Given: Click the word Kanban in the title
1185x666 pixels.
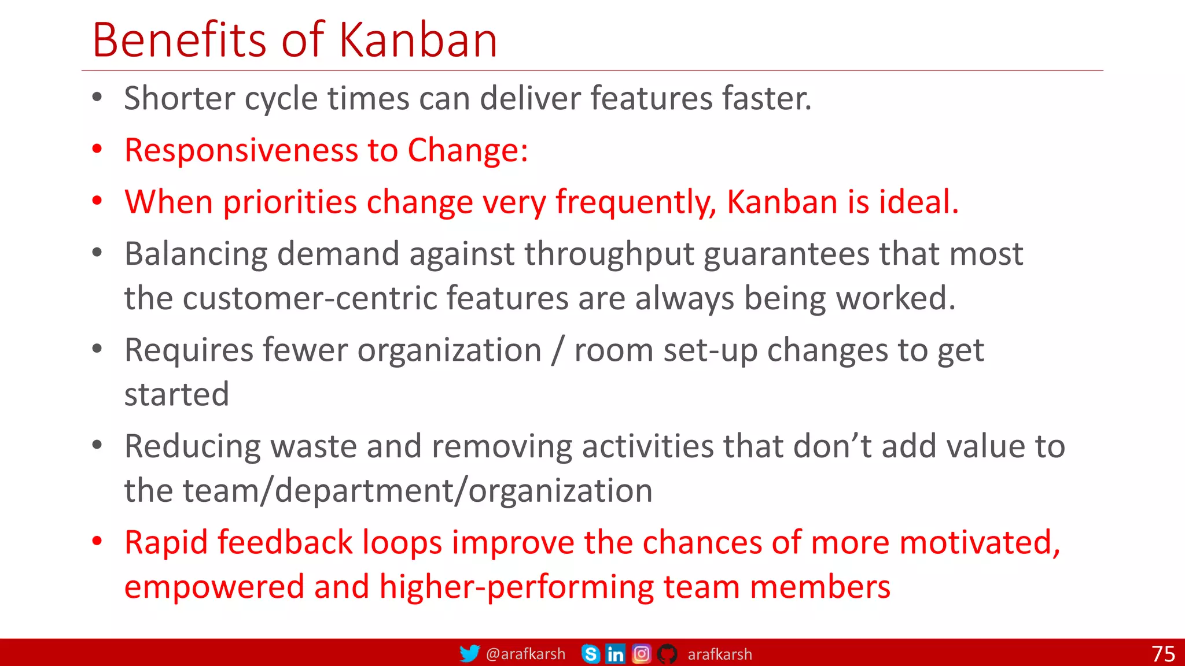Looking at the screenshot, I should point(418,40).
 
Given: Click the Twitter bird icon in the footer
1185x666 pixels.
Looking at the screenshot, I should point(469,654).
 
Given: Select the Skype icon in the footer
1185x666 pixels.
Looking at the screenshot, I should point(590,654).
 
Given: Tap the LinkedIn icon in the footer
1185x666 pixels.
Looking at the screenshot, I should point(616,654).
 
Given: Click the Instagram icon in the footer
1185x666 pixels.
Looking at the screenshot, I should point(641,654).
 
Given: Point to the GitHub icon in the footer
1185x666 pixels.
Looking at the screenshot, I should point(667,654).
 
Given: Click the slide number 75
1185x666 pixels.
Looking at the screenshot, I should point(1163,654).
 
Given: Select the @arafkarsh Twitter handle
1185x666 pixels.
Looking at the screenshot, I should point(525,654).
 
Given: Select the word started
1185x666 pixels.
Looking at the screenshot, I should point(176,395).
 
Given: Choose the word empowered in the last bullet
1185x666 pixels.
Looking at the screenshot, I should point(214,587).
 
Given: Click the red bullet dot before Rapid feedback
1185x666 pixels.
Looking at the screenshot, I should point(97,542).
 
